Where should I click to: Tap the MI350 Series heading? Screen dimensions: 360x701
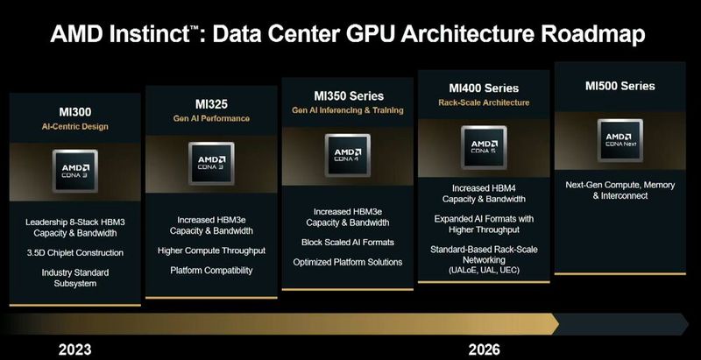tap(348, 95)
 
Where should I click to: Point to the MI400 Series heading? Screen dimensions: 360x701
tap(484, 88)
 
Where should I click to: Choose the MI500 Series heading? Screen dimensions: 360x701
tap(620, 86)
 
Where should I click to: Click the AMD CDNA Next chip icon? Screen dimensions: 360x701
tap(620, 138)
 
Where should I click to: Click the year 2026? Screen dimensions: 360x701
tap(483, 349)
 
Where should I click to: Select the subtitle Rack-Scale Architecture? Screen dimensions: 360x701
tap(484, 102)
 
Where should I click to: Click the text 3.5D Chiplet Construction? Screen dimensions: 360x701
tap(74, 253)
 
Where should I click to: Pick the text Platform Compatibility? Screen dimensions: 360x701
tap(211, 271)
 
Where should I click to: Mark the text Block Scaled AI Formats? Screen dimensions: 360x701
tap(348, 242)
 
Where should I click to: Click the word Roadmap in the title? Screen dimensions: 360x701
tap(575, 35)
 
